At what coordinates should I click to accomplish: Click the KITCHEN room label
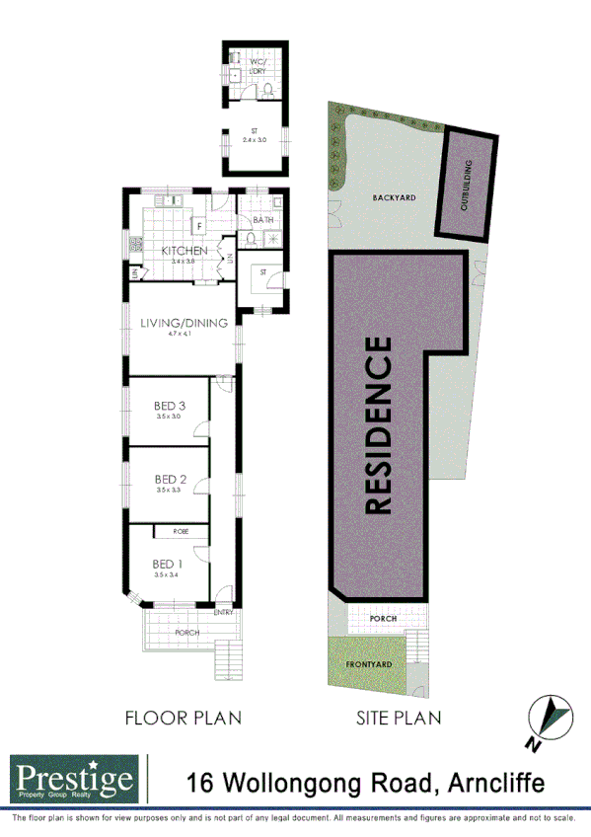[x=184, y=251]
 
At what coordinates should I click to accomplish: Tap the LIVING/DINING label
[x=184, y=323]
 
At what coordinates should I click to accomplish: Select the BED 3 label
[x=170, y=406]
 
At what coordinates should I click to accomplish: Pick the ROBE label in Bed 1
[x=181, y=532]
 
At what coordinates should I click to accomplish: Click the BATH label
[x=262, y=220]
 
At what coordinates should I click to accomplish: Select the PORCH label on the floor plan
[x=186, y=633]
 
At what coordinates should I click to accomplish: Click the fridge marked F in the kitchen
[x=198, y=223]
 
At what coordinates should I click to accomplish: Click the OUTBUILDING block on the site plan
[x=465, y=185]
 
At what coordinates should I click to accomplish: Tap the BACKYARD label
[x=393, y=197]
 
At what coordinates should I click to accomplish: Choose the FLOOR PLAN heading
[x=183, y=718]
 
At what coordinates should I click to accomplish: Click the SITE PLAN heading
[x=398, y=718]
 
